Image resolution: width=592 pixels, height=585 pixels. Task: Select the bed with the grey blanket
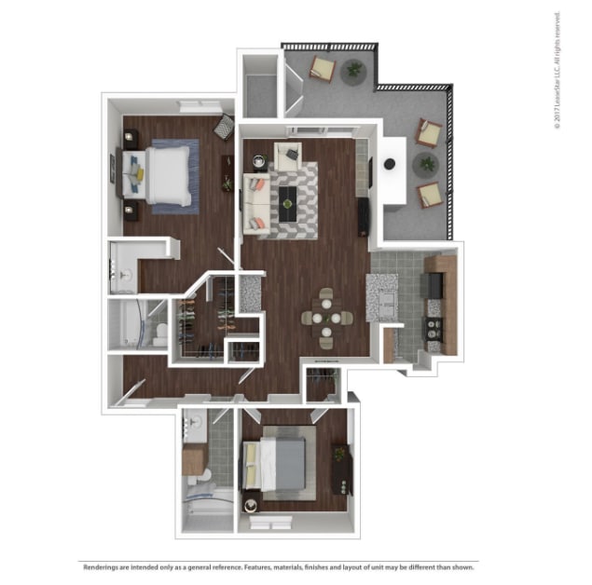click(x=277, y=463)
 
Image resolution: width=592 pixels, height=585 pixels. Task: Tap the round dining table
click(x=326, y=318)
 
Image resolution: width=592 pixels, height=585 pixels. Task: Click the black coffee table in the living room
click(x=288, y=197)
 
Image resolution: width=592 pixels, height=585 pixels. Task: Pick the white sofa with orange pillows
click(x=254, y=201)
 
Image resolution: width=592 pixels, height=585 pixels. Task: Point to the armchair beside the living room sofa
click(x=288, y=156)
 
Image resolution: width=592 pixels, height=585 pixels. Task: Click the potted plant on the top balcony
click(x=354, y=69)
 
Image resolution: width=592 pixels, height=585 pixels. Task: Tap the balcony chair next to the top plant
click(x=323, y=68)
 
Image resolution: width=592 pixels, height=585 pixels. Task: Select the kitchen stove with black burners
click(x=434, y=327)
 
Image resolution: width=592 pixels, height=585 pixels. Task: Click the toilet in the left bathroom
click(x=160, y=334)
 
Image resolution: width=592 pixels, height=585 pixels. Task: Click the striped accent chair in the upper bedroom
click(x=224, y=127)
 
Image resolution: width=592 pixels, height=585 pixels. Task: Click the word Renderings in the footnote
click(x=104, y=567)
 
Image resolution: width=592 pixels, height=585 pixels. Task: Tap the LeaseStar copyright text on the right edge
click(x=558, y=75)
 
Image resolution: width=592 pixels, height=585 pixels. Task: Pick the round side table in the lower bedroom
click(x=250, y=506)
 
